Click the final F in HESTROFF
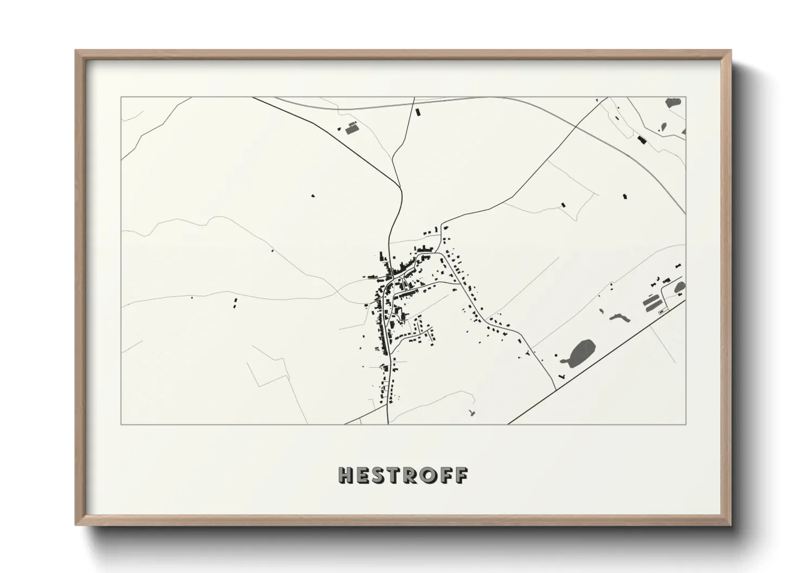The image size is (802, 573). coord(461,475)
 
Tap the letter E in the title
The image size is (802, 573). coord(364,475)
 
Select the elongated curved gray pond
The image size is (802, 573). coord(618,317)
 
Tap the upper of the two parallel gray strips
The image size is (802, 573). coord(651,299)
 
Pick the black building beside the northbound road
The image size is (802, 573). coord(417,112)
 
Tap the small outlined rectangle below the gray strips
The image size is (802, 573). coord(661,312)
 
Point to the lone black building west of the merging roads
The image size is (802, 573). coord(312,195)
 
